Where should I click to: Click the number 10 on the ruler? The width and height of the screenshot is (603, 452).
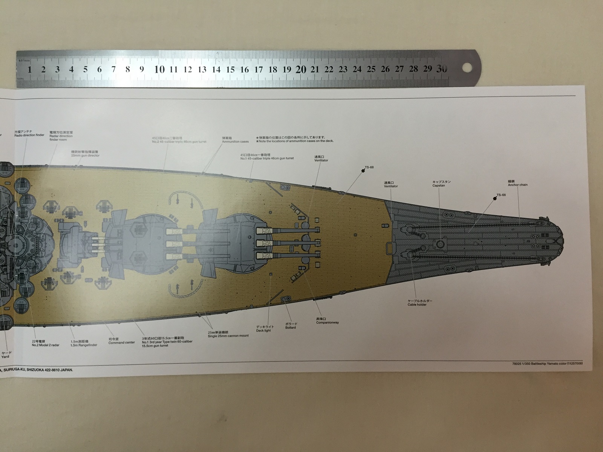[160, 69]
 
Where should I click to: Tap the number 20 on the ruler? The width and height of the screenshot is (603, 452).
[301, 69]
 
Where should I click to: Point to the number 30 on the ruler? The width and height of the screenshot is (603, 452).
[442, 69]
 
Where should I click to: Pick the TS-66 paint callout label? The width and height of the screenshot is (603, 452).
[501, 195]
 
